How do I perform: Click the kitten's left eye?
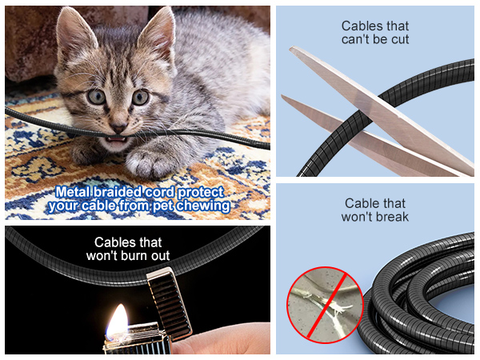(x=97, y=97)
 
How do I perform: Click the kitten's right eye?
(x=140, y=98)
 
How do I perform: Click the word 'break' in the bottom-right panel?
(x=391, y=217)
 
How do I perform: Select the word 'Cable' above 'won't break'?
(x=362, y=203)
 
